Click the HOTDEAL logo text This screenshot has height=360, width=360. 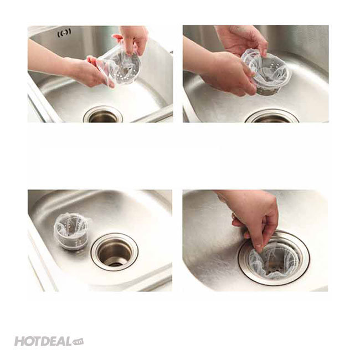click(x=43, y=341)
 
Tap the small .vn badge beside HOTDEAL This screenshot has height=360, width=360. click(x=78, y=342)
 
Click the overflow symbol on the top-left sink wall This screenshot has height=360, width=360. click(x=64, y=33)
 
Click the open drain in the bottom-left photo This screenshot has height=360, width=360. click(x=115, y=251)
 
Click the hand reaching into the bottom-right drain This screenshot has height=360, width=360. click(x=255, y=218)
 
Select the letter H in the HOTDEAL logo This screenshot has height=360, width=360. click(x=19, y=342)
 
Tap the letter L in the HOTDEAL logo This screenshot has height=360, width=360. click(x=68, y=341)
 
